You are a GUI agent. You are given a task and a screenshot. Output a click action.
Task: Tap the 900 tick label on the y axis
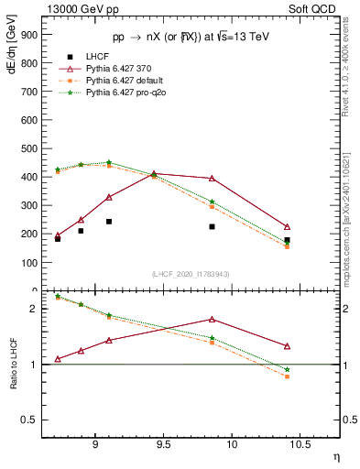28,35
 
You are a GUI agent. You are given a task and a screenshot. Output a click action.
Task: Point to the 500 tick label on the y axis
28,148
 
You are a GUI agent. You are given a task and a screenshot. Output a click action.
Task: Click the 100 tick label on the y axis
28,262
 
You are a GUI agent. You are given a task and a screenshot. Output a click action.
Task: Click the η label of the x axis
335,455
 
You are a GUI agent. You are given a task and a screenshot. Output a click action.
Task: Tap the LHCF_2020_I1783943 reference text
191,274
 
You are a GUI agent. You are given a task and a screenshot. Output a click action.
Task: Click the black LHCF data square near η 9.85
212,226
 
